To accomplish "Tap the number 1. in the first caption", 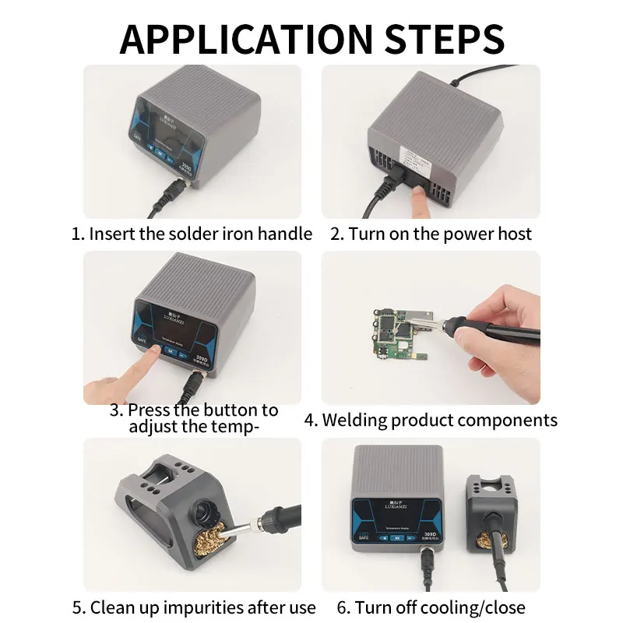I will pos(78,234).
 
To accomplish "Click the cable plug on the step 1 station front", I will pos(178,187).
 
